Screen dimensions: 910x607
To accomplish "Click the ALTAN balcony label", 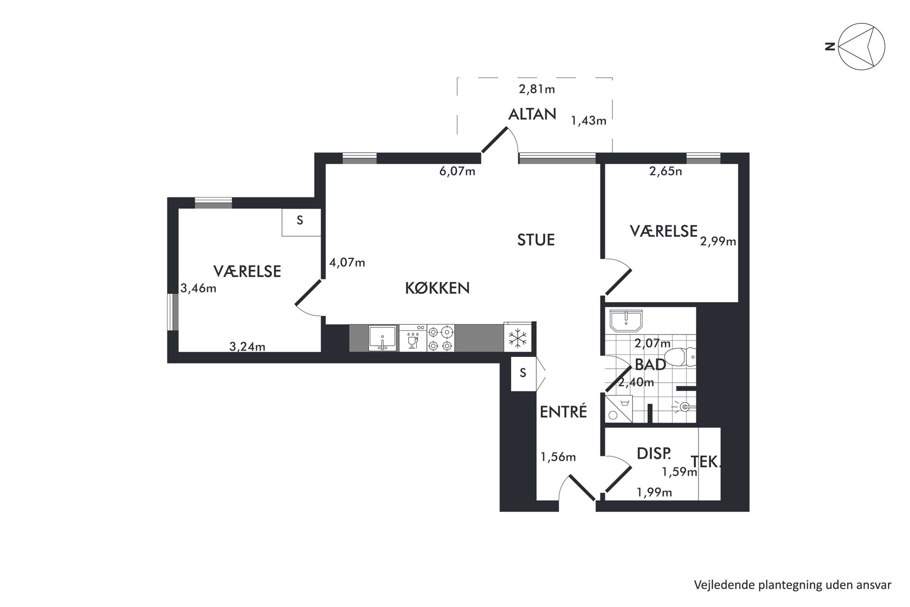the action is tap(532, 114).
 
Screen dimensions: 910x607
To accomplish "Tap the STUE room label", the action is tap(536, 240).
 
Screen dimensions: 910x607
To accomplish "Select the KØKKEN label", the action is tap(437, 288).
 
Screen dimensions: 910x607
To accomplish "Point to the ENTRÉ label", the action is tap(563, 412).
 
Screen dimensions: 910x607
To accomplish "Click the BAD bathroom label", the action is tap(650, 365).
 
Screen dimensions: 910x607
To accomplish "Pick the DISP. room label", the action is tap(654, 454).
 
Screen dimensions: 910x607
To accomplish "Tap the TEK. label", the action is tap(706, 462).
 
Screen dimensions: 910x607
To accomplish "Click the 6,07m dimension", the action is tap(457, 172).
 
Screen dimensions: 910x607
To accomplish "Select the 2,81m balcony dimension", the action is tap(537, 89).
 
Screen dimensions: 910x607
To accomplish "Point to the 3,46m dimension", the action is tap(198, 289).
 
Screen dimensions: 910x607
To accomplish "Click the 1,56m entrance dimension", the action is tap(558, 457).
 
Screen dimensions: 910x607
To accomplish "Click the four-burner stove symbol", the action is tap(441, 338).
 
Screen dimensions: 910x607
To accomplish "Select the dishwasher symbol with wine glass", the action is tap(413, 338).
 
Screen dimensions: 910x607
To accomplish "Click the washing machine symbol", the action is tap(619, 408).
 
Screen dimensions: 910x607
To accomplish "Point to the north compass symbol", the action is tap(861, 47).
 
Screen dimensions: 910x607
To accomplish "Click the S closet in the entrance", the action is tap(524, 373).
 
